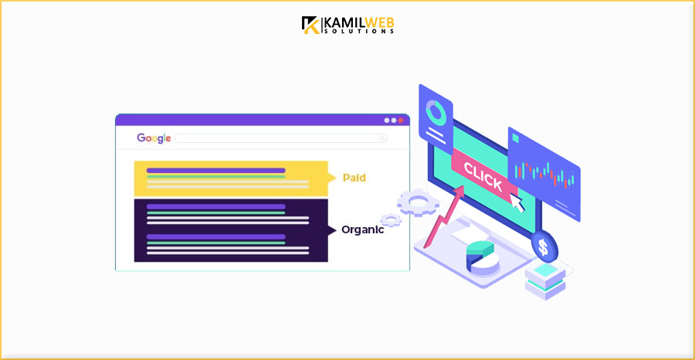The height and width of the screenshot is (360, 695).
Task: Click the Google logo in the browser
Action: pos(154,138)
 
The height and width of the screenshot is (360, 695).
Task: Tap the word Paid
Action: pos(354,178)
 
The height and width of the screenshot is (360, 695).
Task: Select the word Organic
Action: pos(362,229)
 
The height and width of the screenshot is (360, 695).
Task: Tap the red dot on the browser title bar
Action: pos(401,121)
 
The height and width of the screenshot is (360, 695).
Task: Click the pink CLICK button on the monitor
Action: pos(482,178)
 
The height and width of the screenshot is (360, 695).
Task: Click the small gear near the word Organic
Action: pos(391,220)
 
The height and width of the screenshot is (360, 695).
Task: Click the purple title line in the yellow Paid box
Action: pos(215,170)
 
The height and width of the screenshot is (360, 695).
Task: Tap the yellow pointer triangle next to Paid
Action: pos(333,178)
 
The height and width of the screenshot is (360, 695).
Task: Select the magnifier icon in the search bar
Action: pos(381,138)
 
